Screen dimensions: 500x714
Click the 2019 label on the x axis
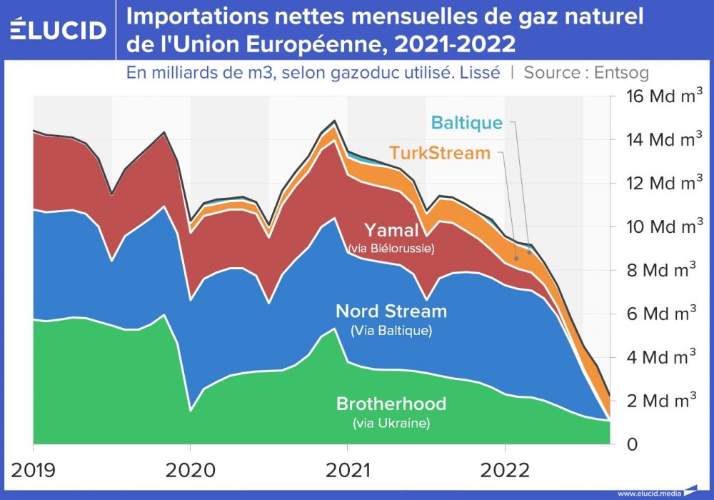(34, 469)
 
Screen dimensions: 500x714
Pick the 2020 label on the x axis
(190, 469)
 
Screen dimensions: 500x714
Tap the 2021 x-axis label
(347, 469)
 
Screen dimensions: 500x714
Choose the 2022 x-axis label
(504, 469)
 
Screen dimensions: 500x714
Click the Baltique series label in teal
(467, 123)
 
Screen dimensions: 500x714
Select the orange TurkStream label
(440, 153)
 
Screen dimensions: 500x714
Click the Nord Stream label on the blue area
(391, 311)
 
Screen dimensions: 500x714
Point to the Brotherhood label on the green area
(391, 404)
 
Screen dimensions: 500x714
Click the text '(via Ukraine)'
(391, 423)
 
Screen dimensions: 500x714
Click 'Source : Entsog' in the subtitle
(585, 72)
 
